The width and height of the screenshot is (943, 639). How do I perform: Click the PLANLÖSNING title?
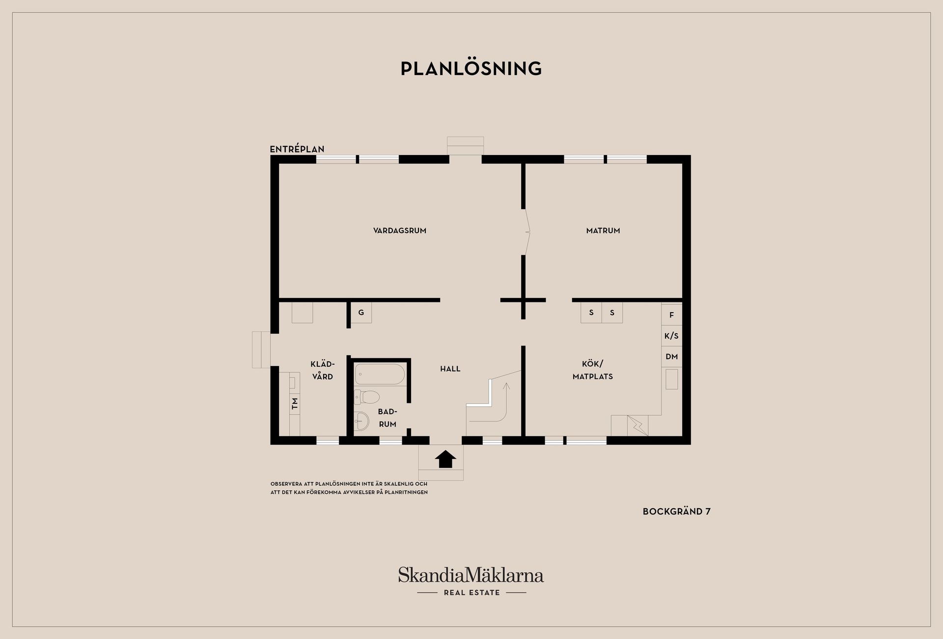click(x=471, y=68)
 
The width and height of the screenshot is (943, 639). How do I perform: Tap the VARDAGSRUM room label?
click(x=400, y=231)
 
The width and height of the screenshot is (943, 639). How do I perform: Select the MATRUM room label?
click(x=603, y=231)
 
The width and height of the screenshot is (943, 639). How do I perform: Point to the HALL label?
click(x=450, y=369)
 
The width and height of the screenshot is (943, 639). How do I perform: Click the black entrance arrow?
click(x=445, y=459)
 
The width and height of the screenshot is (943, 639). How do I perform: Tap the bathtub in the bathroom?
click(x=380, y=374)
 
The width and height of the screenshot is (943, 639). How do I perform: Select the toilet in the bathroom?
click(x=367, y=397)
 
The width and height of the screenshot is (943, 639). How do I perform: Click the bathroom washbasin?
click(x=361, y=421)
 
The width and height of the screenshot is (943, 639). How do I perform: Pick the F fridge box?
click(x=671, y=315)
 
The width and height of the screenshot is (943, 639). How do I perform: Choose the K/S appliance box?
click(x=671, y=336)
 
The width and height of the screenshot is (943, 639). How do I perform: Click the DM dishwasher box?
click(x=671, y=357)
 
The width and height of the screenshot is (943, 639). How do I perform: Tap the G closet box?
click(x=361, y=313)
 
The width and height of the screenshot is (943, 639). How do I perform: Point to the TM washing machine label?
click(x=295, y=404)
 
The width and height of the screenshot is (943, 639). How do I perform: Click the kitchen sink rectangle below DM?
click(x=672, y=379)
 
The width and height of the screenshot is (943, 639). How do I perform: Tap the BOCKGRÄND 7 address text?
click(x=677, y=511)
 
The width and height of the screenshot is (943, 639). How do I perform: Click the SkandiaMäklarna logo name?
click(x=471, y=575)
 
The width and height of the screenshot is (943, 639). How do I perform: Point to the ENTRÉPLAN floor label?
click(x=297, y=149)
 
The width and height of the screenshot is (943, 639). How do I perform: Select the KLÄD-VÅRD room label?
click(x=323, y=371)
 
